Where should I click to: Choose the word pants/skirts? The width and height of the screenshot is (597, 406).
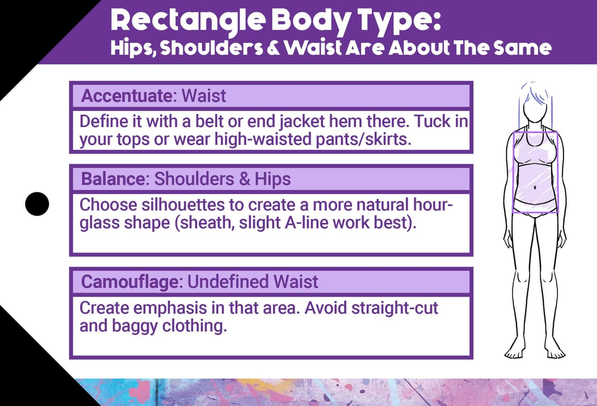point(363,139)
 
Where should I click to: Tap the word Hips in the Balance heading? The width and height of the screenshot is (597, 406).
point(272,179)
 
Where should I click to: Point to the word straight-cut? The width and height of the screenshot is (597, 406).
point(394,308)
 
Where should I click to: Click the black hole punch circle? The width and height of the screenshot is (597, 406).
point(37,204)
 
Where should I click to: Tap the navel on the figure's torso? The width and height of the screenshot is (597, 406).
point(535,187)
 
